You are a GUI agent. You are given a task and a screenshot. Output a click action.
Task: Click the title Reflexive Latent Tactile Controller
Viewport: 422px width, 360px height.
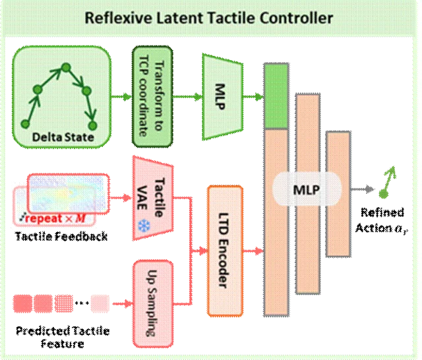(209, 18)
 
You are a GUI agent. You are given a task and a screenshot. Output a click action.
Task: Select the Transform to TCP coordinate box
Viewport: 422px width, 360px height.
(148, 96)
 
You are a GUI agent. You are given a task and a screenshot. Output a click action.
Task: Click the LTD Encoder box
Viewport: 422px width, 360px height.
(225, 251)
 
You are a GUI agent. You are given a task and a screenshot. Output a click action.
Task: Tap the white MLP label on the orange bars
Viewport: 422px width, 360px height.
(307, 190)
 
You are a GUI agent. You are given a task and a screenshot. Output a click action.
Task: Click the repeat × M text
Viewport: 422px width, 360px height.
(58, 216)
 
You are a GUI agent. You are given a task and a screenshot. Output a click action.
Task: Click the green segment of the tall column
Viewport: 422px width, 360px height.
(276, 98)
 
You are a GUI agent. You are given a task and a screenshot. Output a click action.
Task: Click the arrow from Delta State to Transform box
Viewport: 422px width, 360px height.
(120, 97)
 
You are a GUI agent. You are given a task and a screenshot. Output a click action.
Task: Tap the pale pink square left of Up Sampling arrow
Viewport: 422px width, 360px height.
(99, 303)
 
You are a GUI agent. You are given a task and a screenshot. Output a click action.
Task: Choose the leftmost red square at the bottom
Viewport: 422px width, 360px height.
(22, 303)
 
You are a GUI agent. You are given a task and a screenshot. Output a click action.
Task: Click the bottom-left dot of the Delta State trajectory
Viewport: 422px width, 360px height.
(25, 123)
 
